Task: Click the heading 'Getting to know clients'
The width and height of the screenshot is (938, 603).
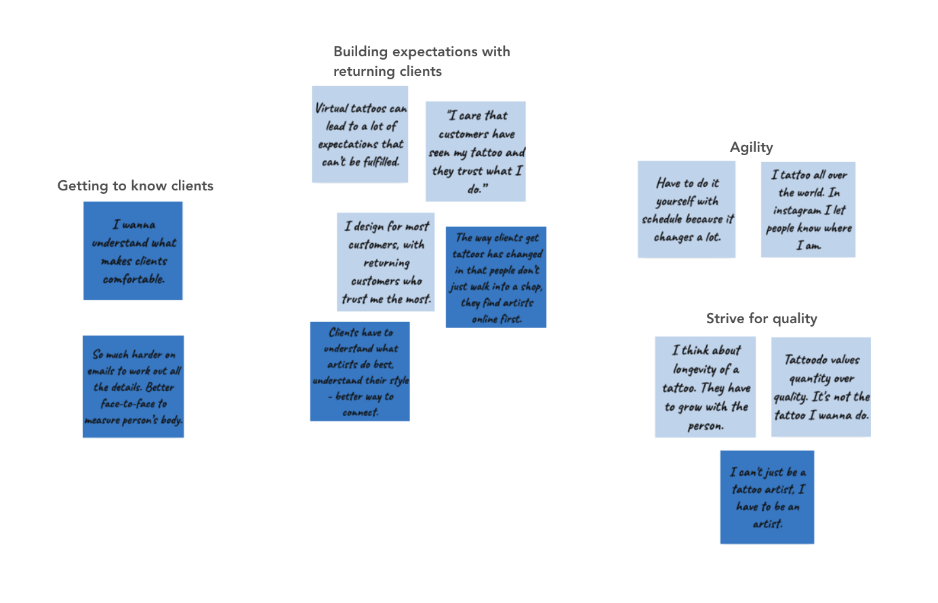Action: click(136, 186)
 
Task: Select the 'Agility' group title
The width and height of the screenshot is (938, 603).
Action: click(751, 148)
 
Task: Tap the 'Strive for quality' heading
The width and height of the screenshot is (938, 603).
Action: click(762, 318)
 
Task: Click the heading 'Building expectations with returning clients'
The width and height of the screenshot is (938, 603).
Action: click(422, 61)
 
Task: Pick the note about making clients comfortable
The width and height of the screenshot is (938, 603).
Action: click(133, 251)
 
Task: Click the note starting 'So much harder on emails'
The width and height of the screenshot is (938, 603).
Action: click(133, 386)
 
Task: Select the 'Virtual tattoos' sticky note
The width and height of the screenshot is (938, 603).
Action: click(360, 134)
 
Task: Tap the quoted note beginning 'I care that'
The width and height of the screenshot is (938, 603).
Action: click(476, 151)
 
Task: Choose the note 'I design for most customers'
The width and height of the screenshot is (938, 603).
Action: click(386, 262)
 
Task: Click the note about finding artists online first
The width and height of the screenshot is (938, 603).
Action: click(496, 277)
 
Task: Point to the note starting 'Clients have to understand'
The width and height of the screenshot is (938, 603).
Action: click(360, 371)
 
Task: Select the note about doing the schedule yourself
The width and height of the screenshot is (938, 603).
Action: click(687, 209)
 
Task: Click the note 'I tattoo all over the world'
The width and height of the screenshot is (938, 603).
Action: click(808, 209)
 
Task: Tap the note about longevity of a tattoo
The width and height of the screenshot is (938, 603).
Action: click(705, 387)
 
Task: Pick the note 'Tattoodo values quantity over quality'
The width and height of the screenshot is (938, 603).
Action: click(821, 387)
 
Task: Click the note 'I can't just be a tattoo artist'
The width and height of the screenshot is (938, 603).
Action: click(767, 497)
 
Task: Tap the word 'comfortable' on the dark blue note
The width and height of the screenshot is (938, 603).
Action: click(134, 279)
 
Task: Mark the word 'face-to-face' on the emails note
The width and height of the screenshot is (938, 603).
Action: click(128, 404)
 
